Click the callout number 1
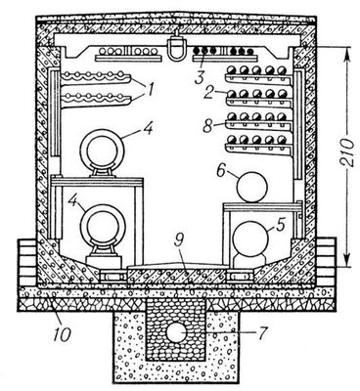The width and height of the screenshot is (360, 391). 150,89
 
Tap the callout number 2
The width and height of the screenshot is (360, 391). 208,92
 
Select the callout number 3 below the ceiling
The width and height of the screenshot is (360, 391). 200,77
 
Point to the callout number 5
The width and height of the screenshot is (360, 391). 281,224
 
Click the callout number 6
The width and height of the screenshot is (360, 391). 222,170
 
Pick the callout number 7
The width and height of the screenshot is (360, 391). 263,333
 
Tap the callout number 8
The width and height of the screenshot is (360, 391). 207,126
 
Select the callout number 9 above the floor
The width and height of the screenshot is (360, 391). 180,240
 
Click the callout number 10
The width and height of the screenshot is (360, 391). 63,334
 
